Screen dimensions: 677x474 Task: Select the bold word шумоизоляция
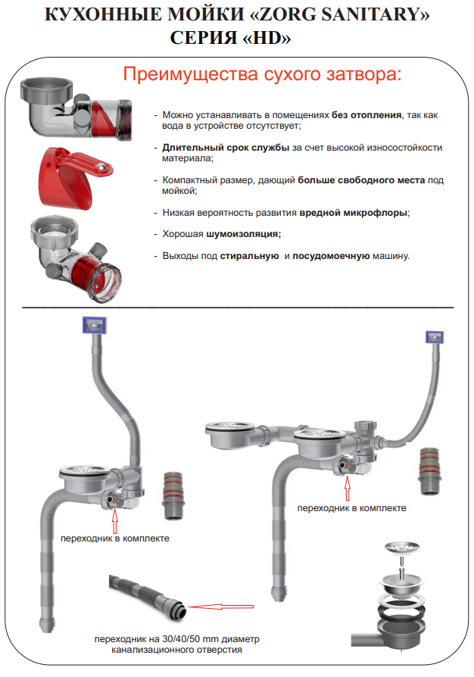[248, 234]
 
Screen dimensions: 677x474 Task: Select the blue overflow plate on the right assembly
[435, 335]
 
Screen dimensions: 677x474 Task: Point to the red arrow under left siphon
[115, 520]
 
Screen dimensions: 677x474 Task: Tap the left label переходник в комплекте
[115, 538]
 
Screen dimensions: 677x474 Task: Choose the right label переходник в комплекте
[351, 508]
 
